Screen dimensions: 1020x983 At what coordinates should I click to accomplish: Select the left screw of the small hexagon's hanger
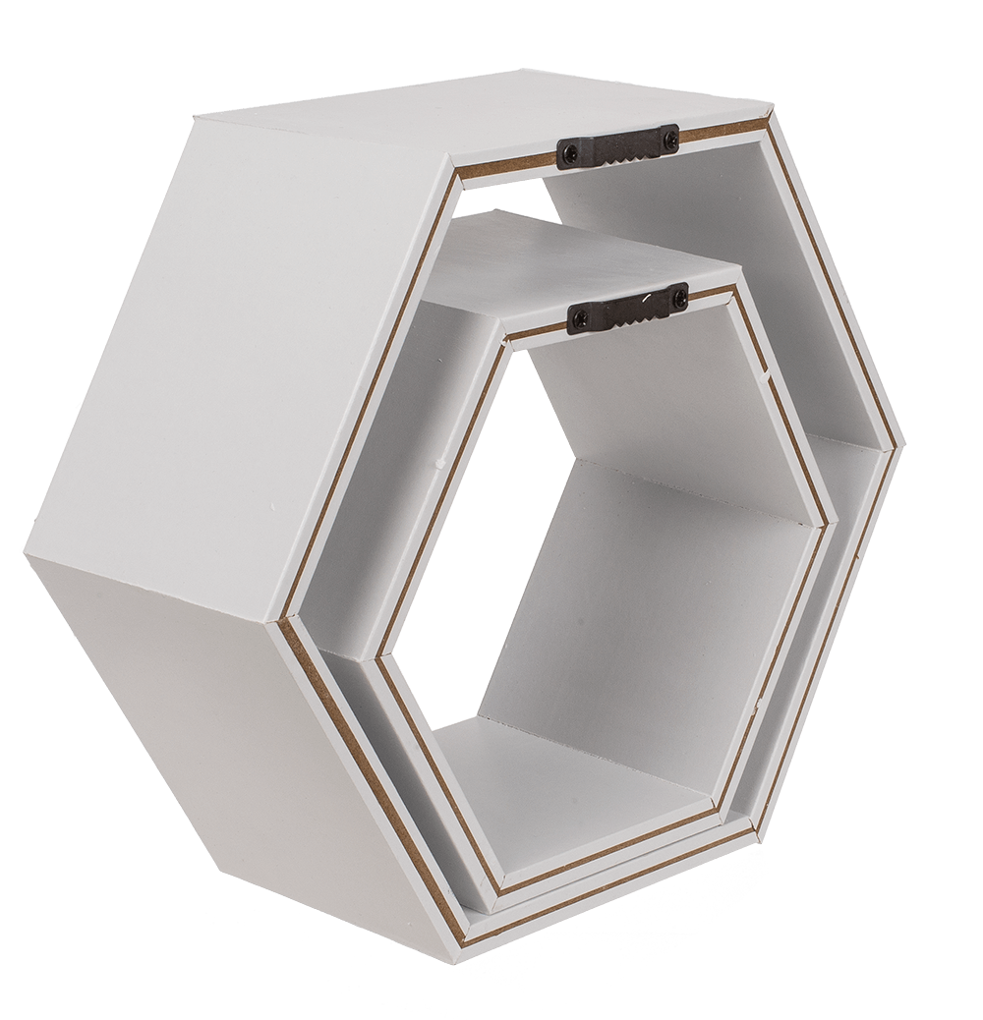pyautogui.click(x=579, y=317)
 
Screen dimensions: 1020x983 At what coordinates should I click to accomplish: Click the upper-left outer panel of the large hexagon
pyautogui.click(x=246, y=324)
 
